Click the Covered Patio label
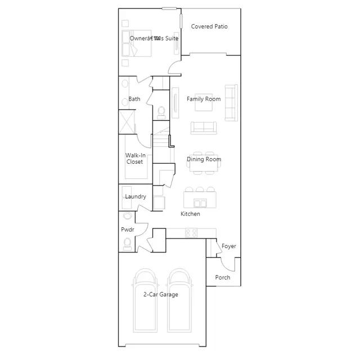coord(209,26)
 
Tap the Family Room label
coord(204,99)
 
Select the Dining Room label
coord(204,159)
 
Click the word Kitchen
coord(190,214)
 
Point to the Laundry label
coord(136,197)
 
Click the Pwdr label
coord(127,229)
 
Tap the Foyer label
coord(229,246)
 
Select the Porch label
coord(223,277)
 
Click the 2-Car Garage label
coord(160,294)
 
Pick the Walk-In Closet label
coord(134,159)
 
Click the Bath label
coord(134,99)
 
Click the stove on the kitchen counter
coord(191,232)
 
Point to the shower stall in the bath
coord(128,122)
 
